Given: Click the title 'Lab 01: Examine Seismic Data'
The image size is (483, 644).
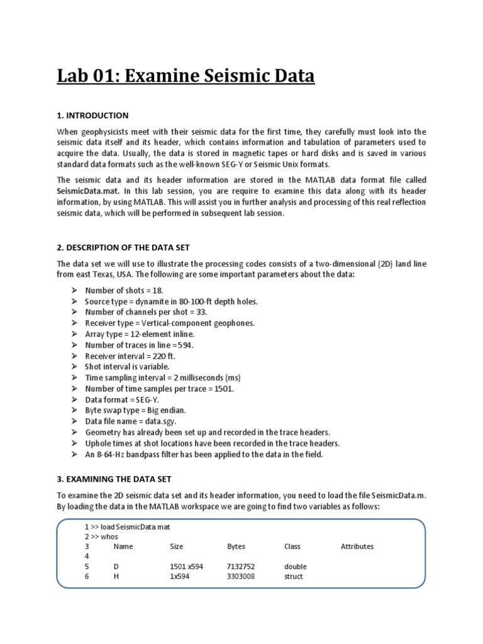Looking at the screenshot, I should (x=186, y=76).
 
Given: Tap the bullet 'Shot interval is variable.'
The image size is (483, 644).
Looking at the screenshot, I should (x=127, y=366).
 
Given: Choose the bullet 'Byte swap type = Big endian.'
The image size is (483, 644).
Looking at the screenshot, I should (x=136, y=409).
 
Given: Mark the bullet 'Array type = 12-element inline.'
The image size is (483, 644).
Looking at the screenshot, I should (x=140, y=333).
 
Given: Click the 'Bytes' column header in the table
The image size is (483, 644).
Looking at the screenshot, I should (x=236, y=547).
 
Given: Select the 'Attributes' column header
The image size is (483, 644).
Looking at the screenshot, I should (x=357, y=547).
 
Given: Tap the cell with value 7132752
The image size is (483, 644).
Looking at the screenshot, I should (x=241, y=567).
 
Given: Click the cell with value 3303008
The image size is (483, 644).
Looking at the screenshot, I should (x=241, y=576).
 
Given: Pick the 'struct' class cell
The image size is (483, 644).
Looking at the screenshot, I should (x=293, y=576).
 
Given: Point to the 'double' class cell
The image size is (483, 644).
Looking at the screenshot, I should (x=296, y=567).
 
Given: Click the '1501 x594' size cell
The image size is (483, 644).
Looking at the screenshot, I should (x=187, y=567).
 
